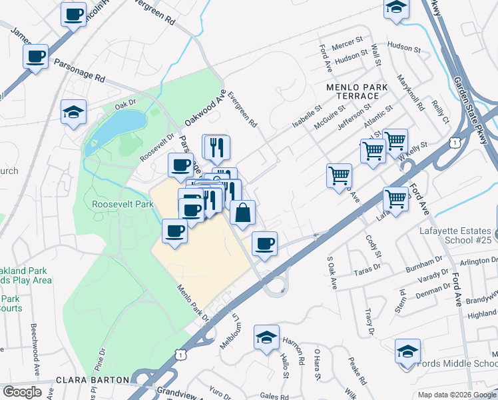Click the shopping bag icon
pos(244,213)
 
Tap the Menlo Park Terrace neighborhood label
pos(352,92)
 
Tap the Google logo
pos(22,392)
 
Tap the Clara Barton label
pos(93,379)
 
